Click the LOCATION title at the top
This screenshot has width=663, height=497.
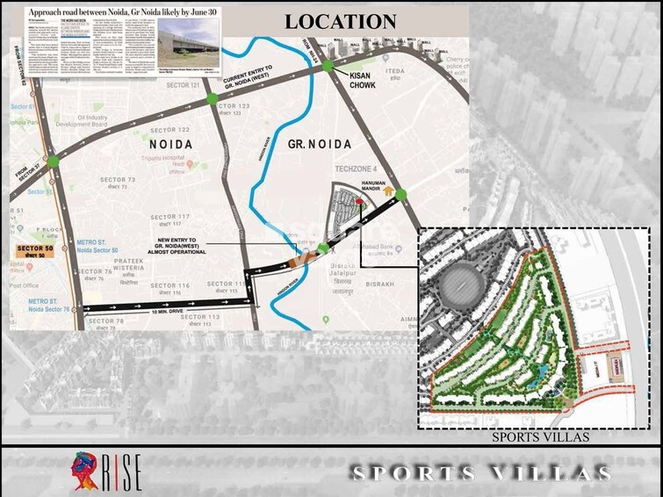click(341, 20)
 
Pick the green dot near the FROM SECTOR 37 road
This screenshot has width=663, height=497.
click(53, 161)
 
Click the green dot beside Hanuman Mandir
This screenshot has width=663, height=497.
click(400, 194)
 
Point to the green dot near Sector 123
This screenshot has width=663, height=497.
click(213, 99)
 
